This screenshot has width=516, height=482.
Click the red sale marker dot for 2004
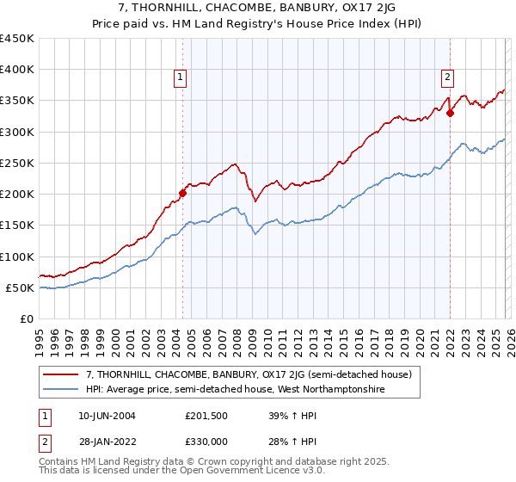click(182, 193)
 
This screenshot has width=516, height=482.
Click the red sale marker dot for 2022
click(450, 113)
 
